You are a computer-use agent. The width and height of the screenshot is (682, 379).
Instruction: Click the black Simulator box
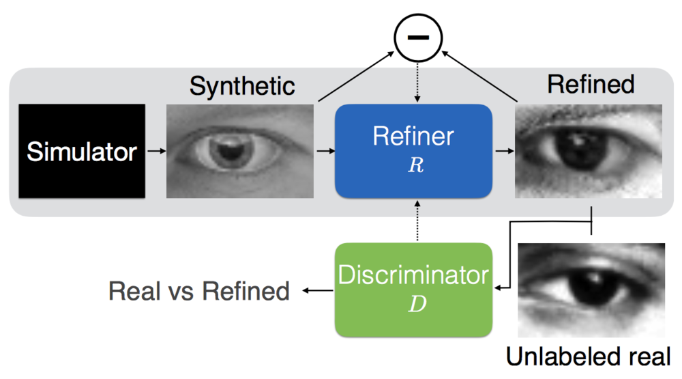[x=82, y=151]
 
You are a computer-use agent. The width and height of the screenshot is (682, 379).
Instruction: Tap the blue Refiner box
[x=413, y=151]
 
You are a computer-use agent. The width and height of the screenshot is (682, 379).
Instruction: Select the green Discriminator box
[x=413, y=290]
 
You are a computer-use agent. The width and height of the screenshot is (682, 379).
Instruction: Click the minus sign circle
[x=418, y=38]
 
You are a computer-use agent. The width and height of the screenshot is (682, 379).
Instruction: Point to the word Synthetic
[x=242, y=86]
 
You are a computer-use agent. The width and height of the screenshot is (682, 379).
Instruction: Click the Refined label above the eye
[x=591, y=84]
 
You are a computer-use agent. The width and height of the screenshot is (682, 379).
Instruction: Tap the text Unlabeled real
[x=588, y=356]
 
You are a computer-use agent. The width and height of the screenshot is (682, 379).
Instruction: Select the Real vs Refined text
[x=198, y=291]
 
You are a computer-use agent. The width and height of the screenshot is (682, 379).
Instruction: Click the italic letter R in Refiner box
[x=416, y=165]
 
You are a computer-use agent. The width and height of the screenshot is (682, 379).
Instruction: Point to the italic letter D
[x=417, y=304]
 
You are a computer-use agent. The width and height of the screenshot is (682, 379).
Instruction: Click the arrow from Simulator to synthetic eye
[x=157, y=151]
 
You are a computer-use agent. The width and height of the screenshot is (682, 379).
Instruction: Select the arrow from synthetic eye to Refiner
[x=325, y=151]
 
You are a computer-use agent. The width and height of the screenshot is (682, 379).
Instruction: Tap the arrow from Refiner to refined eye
[x=505, y=151]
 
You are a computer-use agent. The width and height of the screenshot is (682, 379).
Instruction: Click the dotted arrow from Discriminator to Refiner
[x=417, y=221]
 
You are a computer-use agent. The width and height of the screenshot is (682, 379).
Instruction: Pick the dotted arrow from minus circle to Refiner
[x=417, y=83]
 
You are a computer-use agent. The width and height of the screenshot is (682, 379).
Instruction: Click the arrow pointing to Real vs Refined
[x=318, y=290]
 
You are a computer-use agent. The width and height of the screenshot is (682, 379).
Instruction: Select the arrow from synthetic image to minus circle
[x=356, y=76]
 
